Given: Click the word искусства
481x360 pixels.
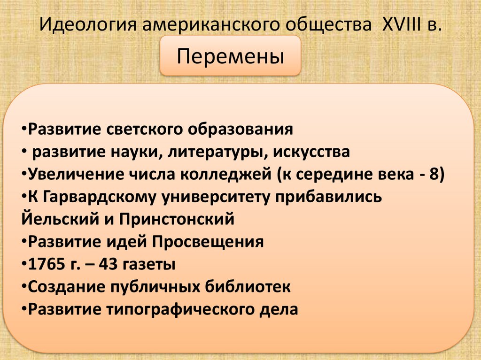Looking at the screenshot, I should pos(311,152).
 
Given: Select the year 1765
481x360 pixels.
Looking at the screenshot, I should pos(45,264).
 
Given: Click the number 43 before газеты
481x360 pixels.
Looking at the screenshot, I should pos(113,264).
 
